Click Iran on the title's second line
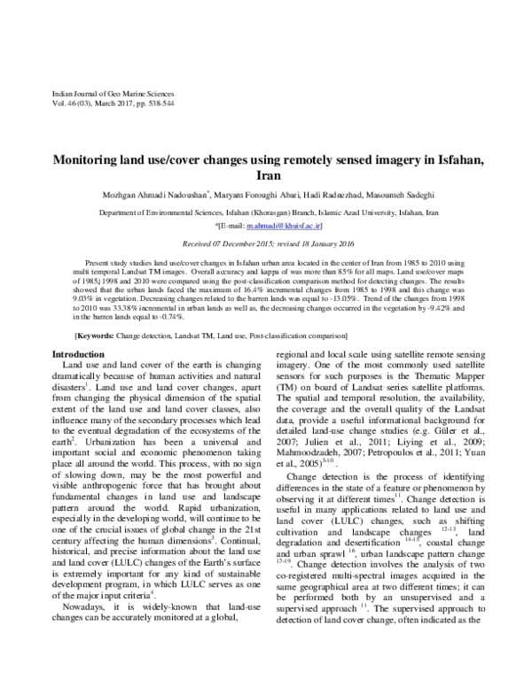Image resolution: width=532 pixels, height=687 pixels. [266, 176]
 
